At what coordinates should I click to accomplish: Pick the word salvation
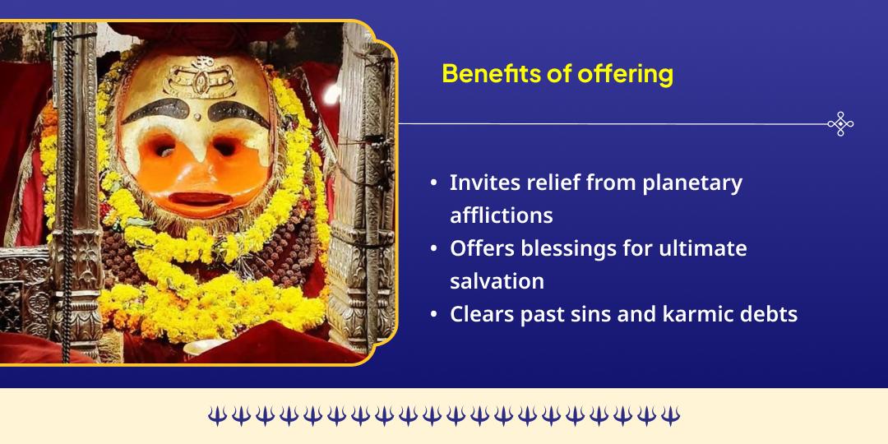(497, 281)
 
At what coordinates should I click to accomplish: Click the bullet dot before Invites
(433, 183)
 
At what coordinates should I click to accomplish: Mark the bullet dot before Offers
(433, 249)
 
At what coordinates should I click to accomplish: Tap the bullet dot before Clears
(433, 315)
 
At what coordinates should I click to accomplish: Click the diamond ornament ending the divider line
(840, 124)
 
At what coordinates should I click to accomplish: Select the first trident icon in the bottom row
(216, 416)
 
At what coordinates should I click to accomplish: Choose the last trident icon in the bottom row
(671, 416)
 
